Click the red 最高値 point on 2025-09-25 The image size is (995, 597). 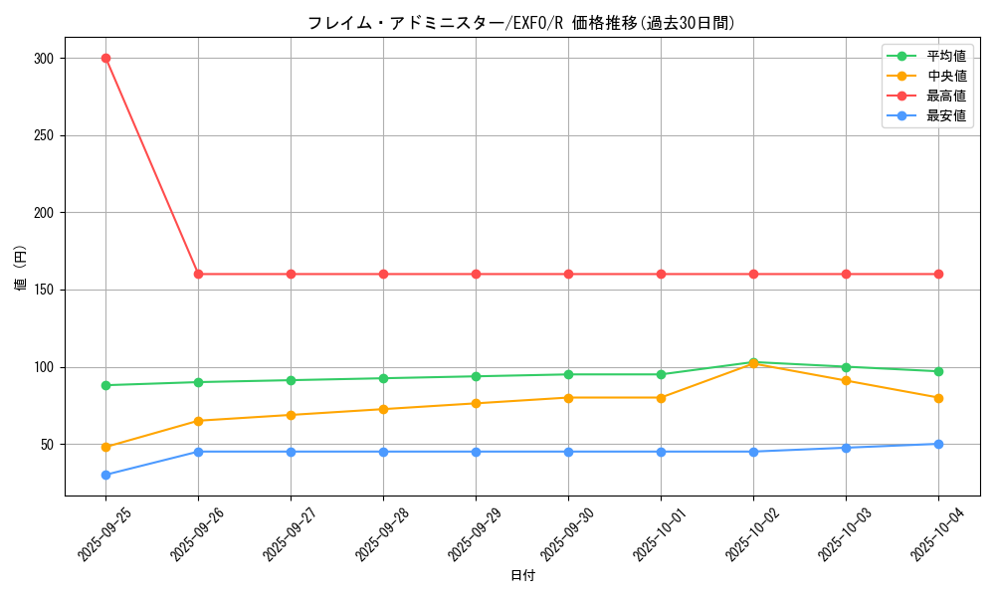pos(105,58)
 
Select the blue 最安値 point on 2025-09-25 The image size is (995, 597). pos(105,475)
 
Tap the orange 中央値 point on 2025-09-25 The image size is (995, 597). pos(105,447)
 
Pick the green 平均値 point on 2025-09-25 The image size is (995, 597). pos(105,385)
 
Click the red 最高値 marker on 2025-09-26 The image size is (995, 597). pos(198,274)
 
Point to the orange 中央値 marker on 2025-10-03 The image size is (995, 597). pos(846,380)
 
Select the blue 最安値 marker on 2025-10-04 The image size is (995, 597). pos(938,444)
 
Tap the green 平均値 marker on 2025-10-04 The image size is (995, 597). pos(938,371)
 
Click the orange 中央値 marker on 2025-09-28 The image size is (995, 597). pos(383,409)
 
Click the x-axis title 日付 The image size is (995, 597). pos(522,576)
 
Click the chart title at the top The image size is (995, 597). pos(521,23)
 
